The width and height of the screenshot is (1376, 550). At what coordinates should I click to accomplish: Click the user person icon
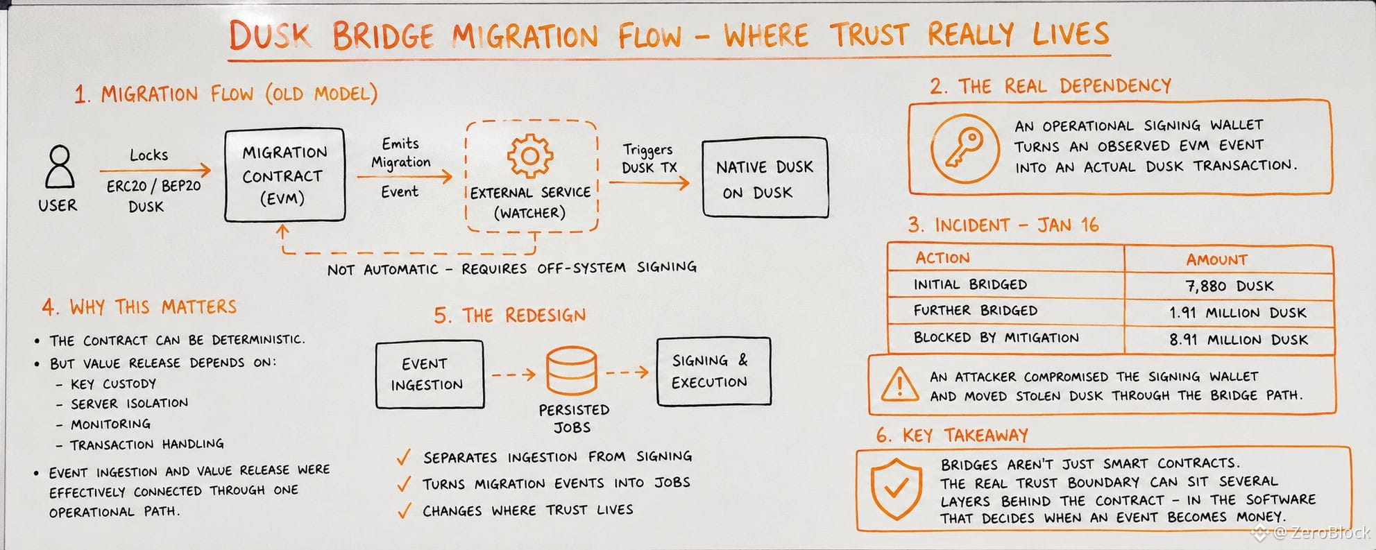pos(60,166)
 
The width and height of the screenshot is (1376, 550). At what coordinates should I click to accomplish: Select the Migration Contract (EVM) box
pos(284,175)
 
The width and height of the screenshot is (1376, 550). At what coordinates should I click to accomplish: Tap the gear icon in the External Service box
pos(529,155)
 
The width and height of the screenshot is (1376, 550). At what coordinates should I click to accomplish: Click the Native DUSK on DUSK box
pos(765,178)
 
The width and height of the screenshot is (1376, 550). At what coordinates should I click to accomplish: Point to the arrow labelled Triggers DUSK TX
pos(649,183)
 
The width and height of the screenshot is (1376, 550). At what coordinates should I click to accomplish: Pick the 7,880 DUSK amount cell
pos(1229,286)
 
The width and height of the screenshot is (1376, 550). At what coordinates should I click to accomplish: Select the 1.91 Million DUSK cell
pos(1229,313)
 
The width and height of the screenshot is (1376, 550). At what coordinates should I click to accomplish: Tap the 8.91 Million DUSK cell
pos(1229,340)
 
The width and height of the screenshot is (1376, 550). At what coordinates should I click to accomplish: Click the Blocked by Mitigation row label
pos(996,338)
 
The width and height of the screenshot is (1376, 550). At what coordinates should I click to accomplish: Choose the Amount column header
pos(1216,259)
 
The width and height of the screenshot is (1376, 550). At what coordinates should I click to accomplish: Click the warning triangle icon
pos(900,384)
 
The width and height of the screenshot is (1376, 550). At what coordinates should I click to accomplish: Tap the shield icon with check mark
pos(896,488)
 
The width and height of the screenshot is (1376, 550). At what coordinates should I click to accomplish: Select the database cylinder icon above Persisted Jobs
pos(571,370)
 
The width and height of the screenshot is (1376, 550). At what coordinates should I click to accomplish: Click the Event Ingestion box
pos(430,374)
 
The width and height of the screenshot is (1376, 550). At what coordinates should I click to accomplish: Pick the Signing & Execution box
pos(713,371)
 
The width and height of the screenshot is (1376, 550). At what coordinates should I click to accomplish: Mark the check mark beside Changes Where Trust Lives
pos(404,511)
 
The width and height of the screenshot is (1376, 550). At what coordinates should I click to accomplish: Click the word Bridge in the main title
pos(382,35)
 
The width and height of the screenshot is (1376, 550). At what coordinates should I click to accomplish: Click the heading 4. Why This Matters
pos(139,307)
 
